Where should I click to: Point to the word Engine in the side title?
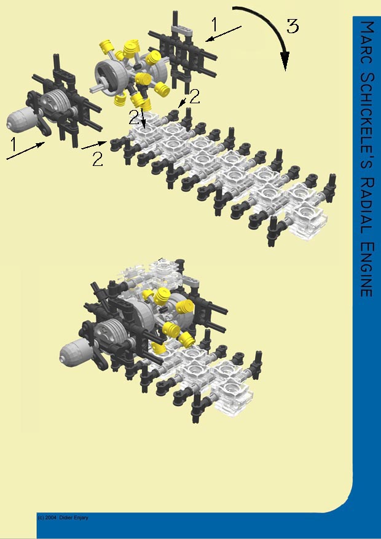(366, 270)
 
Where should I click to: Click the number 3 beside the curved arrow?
(293, 26)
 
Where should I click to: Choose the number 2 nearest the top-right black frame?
(195, 96)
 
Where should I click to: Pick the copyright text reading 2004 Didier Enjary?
(63, 518)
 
